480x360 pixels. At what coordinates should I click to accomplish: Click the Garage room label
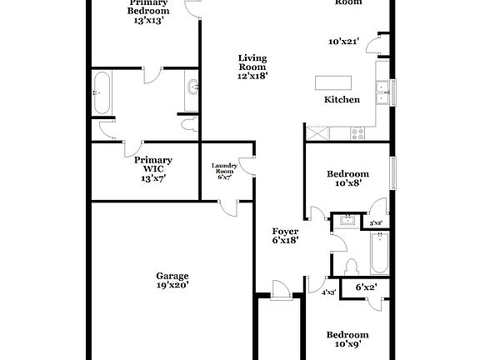[172, 276]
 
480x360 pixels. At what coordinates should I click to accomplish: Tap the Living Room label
[252, 62]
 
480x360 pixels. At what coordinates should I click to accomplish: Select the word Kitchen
[342, 99]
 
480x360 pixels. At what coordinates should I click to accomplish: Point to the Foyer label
[285, 231]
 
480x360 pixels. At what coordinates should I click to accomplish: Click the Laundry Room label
[225, 168]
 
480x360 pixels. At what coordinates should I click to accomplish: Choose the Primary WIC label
[152, 160]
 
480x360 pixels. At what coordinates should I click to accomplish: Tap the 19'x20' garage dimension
[172, 285]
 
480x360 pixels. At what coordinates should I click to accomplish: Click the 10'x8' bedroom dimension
[347, 183]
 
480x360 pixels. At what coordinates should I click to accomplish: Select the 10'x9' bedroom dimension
[347, 343]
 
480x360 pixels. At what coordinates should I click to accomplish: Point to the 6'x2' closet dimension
[367, 287]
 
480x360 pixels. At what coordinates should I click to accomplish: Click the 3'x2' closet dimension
[376, 222]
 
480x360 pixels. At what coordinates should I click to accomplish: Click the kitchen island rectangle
[332, 83]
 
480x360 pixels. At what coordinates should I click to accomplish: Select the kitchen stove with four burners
[359, 132]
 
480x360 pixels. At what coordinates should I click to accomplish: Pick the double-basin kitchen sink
[383, 92]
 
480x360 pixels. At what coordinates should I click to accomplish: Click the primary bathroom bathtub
[102, 92]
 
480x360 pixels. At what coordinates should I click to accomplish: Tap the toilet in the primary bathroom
[187, 125]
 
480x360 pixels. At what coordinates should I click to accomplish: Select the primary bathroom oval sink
[192, 87]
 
